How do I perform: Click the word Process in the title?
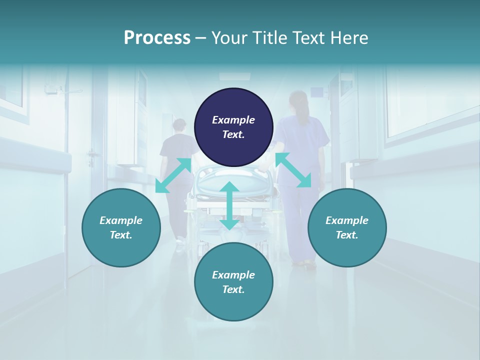(x=157, y=38)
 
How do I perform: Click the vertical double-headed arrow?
(x=229, y=206)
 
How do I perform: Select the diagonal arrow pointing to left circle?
(x=173, y=175)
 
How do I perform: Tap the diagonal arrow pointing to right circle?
(x=293, y=170)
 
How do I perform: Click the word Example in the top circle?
(x=233, y=120)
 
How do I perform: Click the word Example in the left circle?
(x=121, y=220)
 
